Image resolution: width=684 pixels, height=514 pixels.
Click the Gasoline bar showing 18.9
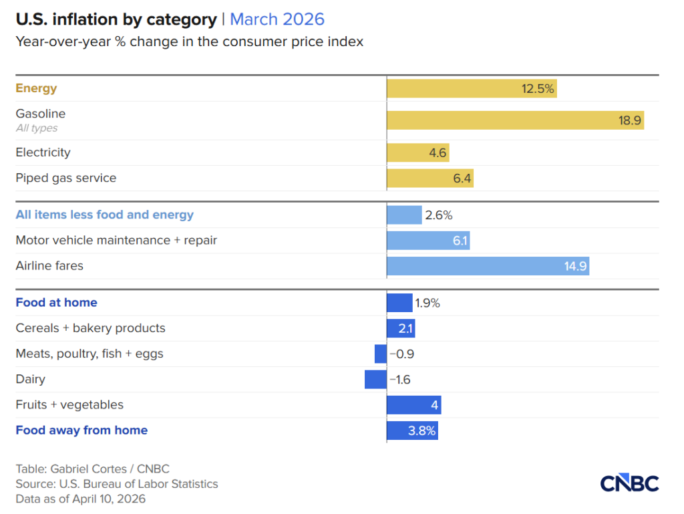(x=515, y=120)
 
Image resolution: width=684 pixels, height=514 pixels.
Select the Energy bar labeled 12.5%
(x=472, y=88)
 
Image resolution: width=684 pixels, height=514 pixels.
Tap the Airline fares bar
(x=488, y=266)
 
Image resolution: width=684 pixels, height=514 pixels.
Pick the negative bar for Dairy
(x=375, y=380)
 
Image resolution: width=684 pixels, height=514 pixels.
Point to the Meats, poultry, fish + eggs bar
(x=381, y=354)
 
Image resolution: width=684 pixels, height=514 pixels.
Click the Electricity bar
(x=417, y=152)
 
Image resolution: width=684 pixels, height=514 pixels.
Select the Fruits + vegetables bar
(x=413, y=405)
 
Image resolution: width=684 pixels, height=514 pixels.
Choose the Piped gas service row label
(x=66, y=178)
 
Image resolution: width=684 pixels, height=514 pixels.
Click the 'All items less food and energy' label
(x=105, y=215)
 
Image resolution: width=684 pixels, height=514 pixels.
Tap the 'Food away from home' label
(x=81, y=430)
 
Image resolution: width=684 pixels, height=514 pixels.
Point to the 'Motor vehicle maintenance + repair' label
(x=116, y=240)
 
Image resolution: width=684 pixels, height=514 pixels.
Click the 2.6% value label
(x=439, y=215)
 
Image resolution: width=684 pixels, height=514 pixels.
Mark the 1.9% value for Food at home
(x=427, y=303)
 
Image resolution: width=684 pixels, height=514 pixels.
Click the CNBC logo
(x=629, y=483)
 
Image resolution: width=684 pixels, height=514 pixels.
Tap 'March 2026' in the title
(x=277, y=19)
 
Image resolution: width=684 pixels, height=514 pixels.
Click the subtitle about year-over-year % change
(x=190, y=41)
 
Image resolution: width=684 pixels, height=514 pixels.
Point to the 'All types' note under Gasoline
(x=37, y=128)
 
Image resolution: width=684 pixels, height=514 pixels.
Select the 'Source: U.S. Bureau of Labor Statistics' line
(x=117, y=484)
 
